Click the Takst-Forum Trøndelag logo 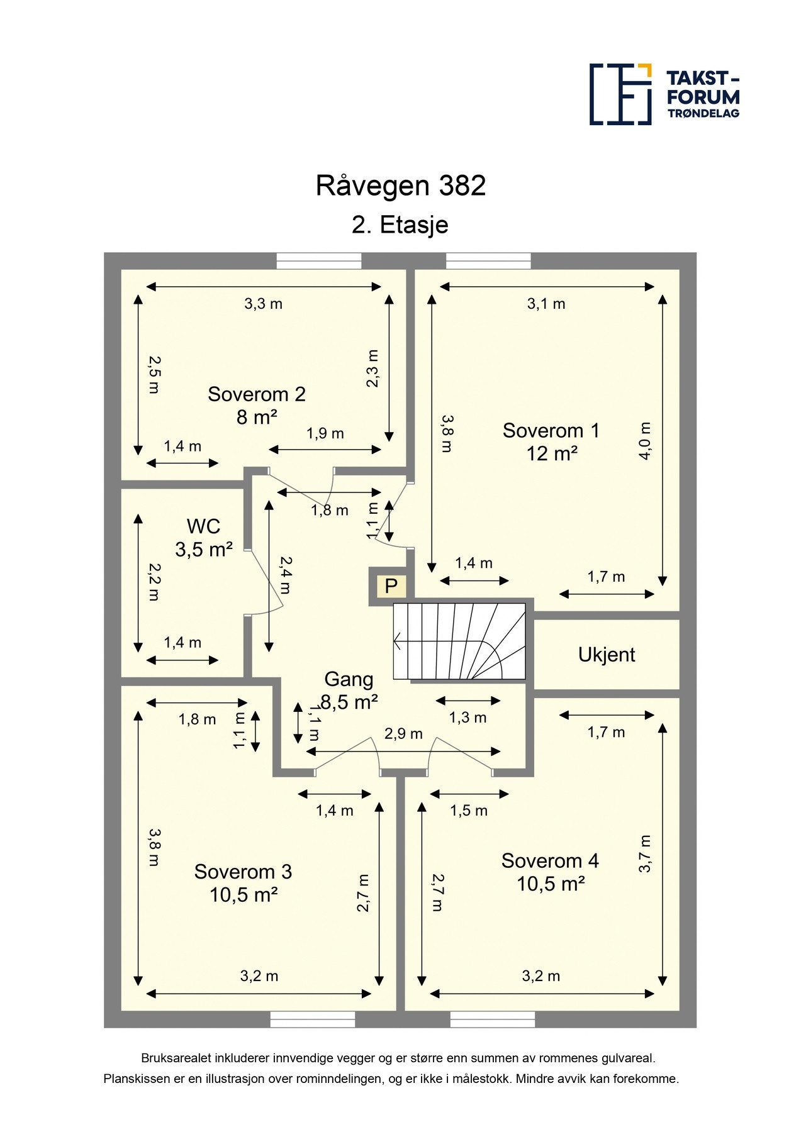pyautogui.click(x=664, y=94)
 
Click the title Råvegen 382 pyautogui.click(x=401, y=186)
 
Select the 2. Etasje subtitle pyautogui.click(x=400, y=225)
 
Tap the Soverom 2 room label pyautogui.click(x=257, y=406)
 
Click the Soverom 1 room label pyautogui.click(x=551, y=442)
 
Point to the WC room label pyautogui.click(x=204, y=538)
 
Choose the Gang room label pyautogui.click(x=349, y=691)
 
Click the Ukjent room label pyautogui.click(x=607, y=655)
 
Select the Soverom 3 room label pyautogui.click(x=244, y=883)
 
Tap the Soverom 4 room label pyautogui.click(x=551, y=872)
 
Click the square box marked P pyautogui.click(x=391, y=586)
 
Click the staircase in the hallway pyautogui.click(x=459, y=641)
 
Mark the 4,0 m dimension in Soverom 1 pyautogui.click(x=645, y=441)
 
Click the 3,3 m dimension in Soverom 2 pyautogui.click(x=263, y=304)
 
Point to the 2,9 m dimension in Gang pyautogui.click(x=403, y=734)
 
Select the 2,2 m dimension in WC pyautogui.click(x=154, y=582)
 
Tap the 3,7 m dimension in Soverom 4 pyautogui.click(x=645, y=854)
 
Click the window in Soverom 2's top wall pyautogui.click(x=319, y=261)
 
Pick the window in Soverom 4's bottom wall pyautogui.click(x=493, y=1019)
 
